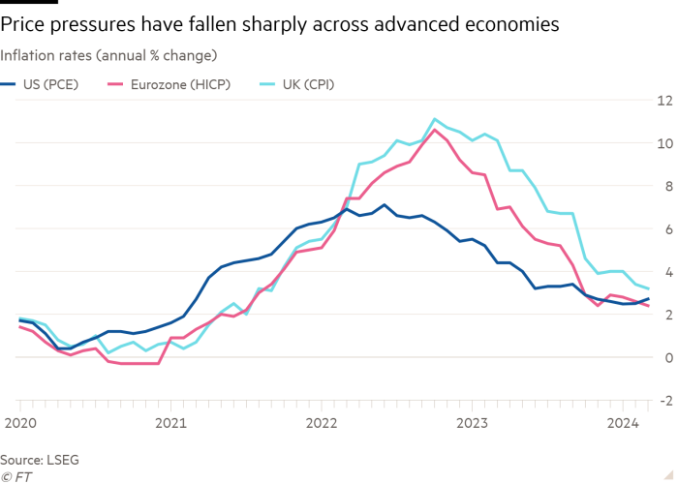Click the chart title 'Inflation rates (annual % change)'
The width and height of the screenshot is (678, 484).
pos(108,53)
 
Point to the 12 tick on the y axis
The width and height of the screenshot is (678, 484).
pos(664,100)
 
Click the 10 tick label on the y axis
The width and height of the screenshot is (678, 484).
pos(664,143)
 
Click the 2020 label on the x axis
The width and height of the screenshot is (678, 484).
pos(19,422)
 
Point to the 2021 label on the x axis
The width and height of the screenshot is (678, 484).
pos(170,422)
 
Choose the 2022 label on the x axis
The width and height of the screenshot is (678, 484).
pos(322,422)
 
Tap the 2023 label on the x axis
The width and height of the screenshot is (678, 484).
pos(473,422)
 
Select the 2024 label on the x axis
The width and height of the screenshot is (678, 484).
pos(623,422)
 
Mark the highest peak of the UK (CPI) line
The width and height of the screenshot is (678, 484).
pos(435,119)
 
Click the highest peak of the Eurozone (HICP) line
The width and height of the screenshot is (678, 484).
pos(436,129)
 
